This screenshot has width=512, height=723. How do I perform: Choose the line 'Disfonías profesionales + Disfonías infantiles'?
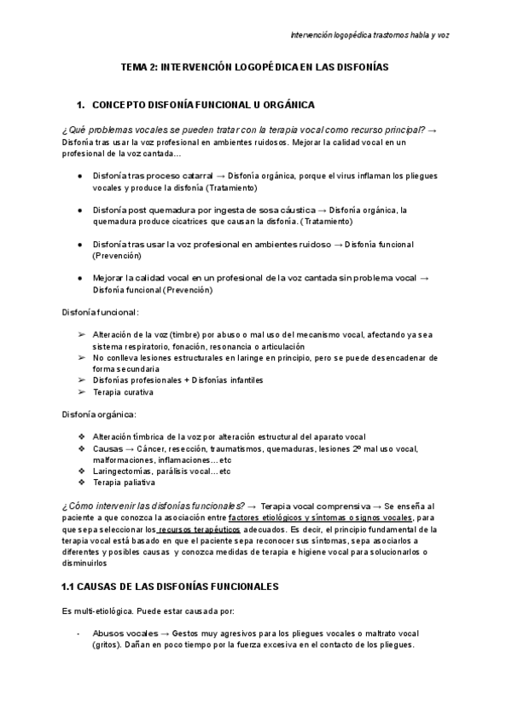coord(177,380)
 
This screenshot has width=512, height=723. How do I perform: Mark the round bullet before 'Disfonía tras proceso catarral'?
coord(79,176)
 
